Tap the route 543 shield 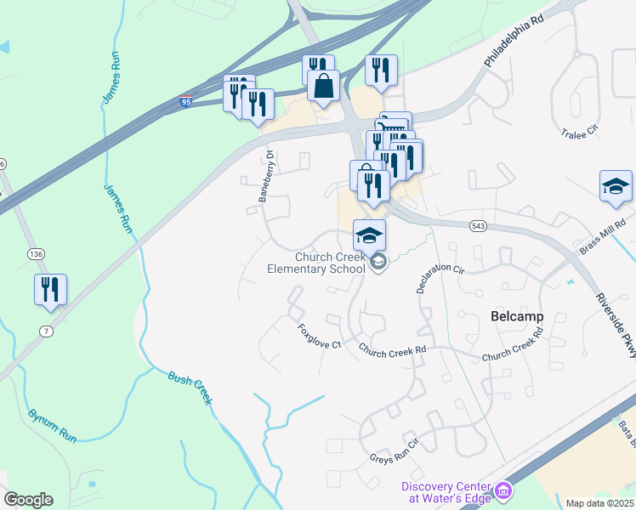click(x=478, y=225)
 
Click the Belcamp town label click(x=517, y=316)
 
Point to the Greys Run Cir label click(x=395, y=453)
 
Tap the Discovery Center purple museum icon click(x=503, y=490)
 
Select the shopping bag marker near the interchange click(x=323, y=86)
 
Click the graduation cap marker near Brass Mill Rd click(x=616, y=187)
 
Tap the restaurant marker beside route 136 click(x=50, y=289)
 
